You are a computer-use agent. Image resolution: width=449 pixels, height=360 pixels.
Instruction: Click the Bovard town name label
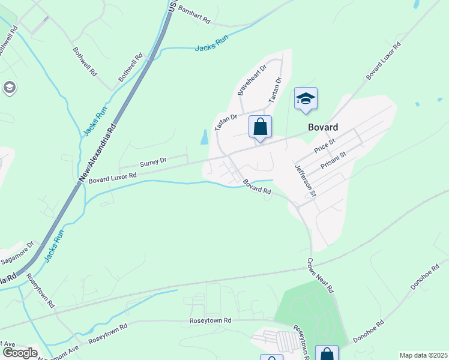point(322,127)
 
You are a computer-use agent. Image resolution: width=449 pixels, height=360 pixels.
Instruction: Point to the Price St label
point(324,144)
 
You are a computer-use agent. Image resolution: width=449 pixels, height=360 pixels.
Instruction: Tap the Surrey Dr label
point(152,162)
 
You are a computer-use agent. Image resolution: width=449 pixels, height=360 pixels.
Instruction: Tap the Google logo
point(19,353)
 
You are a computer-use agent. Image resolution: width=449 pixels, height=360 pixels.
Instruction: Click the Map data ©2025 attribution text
point(423,355)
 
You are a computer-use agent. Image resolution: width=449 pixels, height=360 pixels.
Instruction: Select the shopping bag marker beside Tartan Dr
point(260,127)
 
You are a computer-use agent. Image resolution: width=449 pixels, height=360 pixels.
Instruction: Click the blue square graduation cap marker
point(306,99)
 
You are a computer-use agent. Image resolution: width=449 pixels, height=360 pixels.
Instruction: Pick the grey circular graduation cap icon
point(9,88)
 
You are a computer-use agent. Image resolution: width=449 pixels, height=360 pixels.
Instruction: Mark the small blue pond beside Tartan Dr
point(205,137)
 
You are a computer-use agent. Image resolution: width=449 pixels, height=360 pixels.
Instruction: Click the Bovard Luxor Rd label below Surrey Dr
point(112,178)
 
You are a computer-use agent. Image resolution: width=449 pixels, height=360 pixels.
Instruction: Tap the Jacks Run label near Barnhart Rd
point(212,45)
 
